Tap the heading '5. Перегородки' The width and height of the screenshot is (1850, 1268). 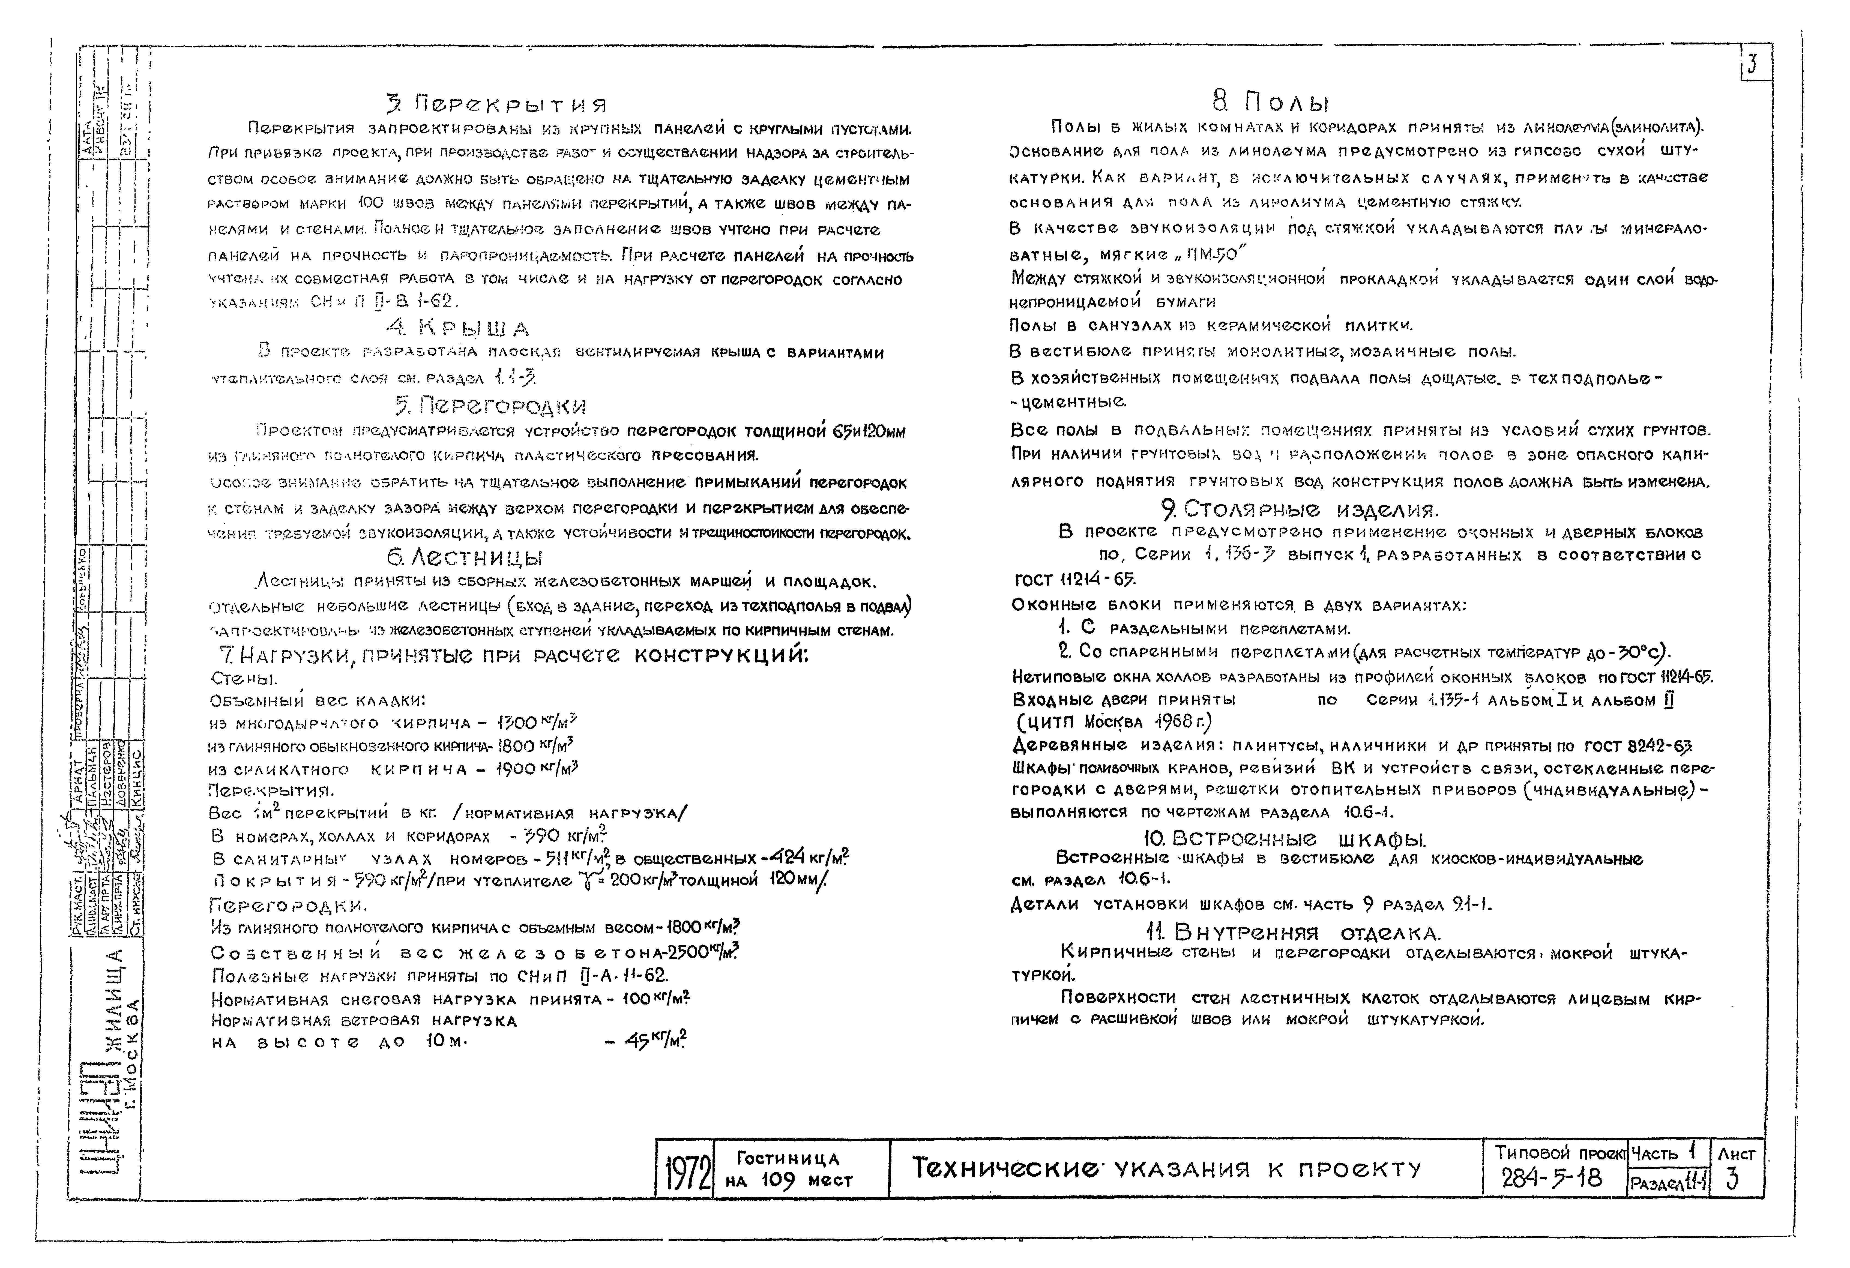point(490,406)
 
